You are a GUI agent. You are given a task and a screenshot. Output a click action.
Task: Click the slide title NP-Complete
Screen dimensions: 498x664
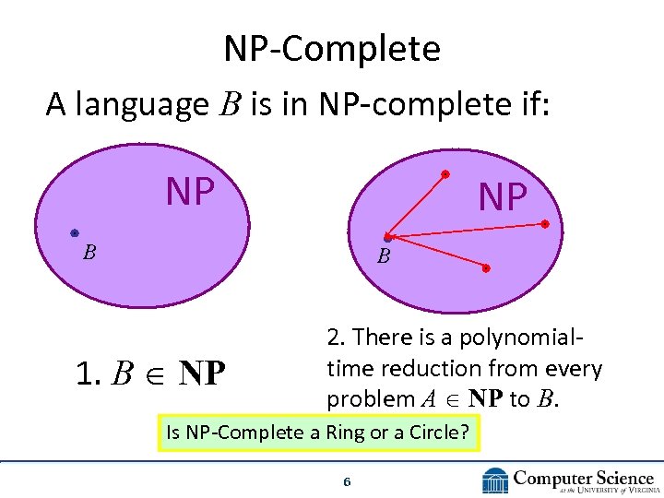[331, 49]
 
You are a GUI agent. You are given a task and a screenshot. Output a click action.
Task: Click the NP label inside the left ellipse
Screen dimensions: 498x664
[190, 192]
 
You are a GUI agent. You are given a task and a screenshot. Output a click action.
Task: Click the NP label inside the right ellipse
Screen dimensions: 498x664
[503, 196]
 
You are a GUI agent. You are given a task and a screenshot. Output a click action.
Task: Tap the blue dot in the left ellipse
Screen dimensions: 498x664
[74, 233]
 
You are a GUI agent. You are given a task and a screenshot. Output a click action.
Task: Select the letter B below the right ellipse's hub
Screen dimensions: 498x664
[385, 257]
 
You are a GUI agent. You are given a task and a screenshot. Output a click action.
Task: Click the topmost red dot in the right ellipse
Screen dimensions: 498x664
[445, 173]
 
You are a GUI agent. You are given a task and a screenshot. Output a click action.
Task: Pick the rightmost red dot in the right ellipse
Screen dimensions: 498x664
[545, 224]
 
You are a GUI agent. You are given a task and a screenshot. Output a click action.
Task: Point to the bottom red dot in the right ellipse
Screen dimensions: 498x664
[487, 268]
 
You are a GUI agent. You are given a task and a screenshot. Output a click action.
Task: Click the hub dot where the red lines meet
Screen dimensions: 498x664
[388, 238]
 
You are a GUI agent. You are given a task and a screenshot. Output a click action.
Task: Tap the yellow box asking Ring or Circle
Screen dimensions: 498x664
[319, 432]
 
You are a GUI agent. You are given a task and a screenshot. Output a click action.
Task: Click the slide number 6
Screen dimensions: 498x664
[347, 482]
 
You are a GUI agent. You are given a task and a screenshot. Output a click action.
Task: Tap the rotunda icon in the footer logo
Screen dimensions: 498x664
[495, 480]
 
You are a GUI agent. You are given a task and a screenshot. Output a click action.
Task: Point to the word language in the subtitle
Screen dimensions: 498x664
[142, 105]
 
